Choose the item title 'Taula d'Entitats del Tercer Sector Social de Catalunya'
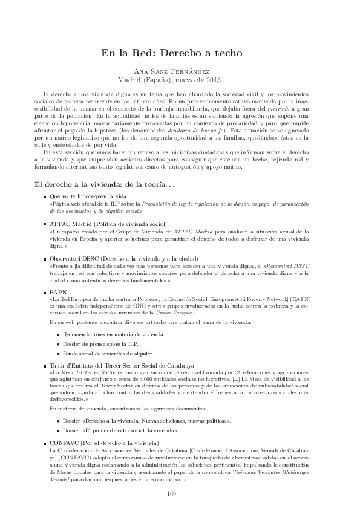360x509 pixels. coord(121,366)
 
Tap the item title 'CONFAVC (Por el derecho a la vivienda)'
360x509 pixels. coord(104,443)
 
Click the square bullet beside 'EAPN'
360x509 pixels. coord(44,291)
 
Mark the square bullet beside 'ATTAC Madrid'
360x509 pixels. coord(44,224)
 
